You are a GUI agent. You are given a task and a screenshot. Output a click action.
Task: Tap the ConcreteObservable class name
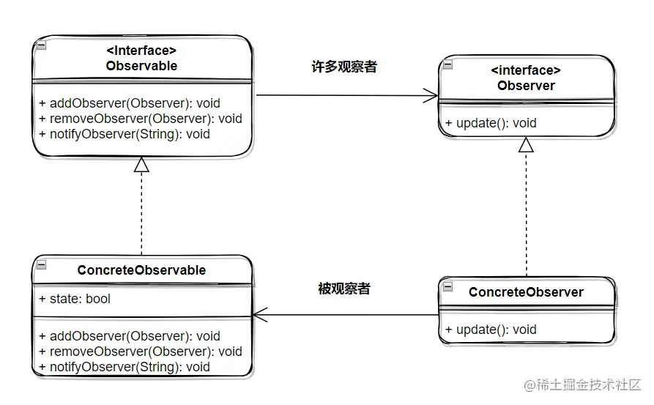141,270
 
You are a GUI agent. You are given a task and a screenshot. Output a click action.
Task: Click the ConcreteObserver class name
526,292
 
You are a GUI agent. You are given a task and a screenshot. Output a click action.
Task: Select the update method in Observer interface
490,123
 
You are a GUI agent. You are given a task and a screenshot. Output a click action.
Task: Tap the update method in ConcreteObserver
490,330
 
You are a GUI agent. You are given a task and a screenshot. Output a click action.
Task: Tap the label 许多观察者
344,67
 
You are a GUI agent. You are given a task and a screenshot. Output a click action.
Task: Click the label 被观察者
343,289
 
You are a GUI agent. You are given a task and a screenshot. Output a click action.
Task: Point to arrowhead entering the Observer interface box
431,95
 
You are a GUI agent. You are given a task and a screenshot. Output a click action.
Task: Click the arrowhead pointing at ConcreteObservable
259,315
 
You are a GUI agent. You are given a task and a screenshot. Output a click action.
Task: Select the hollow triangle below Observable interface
141,165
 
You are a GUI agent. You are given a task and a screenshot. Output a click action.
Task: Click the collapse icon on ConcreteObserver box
447,285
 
